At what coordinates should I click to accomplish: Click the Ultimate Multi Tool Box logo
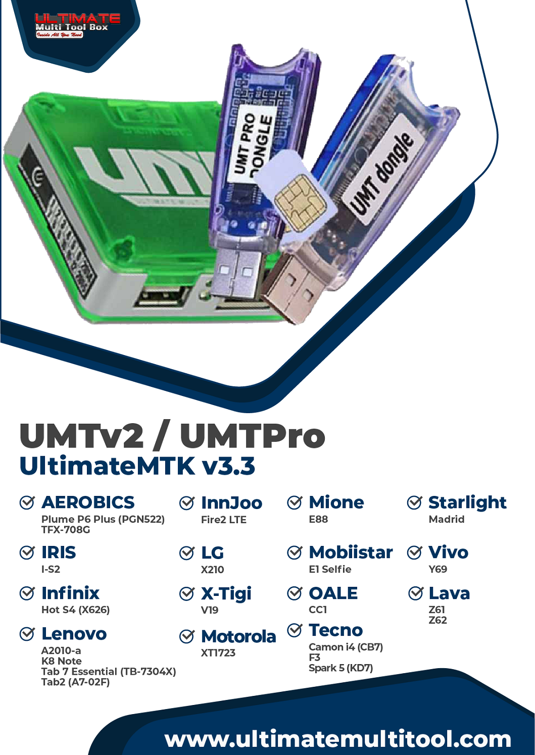tap(77, 26)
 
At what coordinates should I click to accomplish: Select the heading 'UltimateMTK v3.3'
tap(137, 466)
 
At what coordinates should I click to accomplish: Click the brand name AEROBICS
tap(88, 502)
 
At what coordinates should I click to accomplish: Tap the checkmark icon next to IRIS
tap(27, 552)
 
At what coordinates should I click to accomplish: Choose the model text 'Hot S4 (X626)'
tap(75, 610)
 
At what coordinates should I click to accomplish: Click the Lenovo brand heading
tap(74, 634)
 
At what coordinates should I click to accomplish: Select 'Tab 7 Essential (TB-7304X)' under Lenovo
tap(109, 672)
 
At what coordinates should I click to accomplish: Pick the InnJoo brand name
tap(231, 503)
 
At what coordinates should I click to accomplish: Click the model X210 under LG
tap(212, 570)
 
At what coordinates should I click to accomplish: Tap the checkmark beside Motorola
tap(187, 637)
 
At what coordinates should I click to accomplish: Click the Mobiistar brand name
tap(351, 552)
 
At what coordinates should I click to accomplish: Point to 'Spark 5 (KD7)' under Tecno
tap(341, 668)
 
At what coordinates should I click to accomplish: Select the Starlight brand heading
tap(467, 502)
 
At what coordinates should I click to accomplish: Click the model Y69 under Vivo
tap(437, 569)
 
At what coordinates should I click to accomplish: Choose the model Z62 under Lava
tap(437, 620)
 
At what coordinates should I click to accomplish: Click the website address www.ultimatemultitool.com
tap(337, 739)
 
